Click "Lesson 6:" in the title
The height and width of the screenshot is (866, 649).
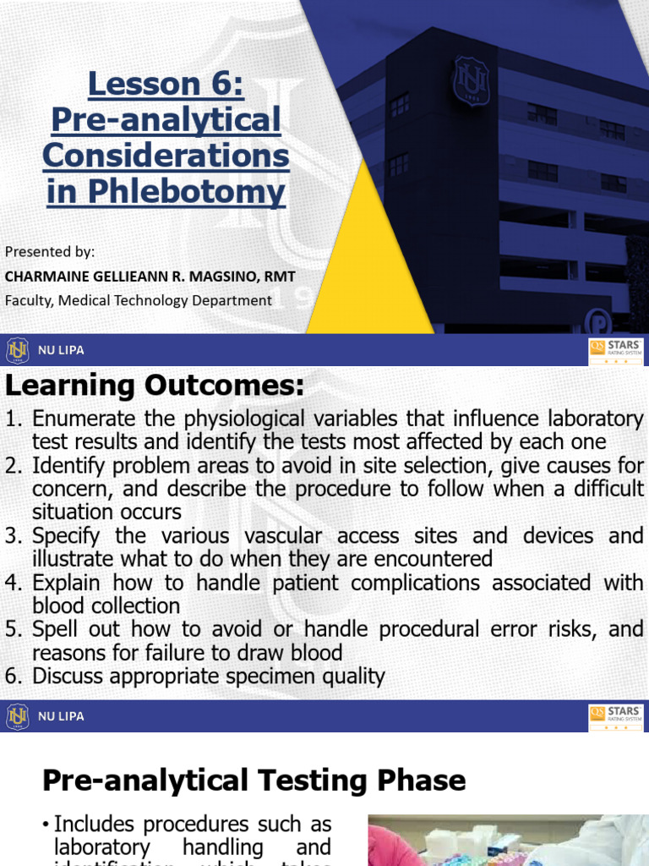coord(166,84)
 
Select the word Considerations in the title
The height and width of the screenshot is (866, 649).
coord(166,156)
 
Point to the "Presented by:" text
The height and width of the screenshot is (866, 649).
coord(50,251)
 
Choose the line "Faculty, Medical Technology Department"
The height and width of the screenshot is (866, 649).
coord(139,299)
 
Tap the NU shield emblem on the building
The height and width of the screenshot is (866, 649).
coord(472,81)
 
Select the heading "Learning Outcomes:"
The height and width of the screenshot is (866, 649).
coord(155,385)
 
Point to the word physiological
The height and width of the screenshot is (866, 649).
coord(232,419)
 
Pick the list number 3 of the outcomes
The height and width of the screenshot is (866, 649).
coord(13,536)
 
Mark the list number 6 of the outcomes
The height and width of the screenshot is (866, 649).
coord(13,677)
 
